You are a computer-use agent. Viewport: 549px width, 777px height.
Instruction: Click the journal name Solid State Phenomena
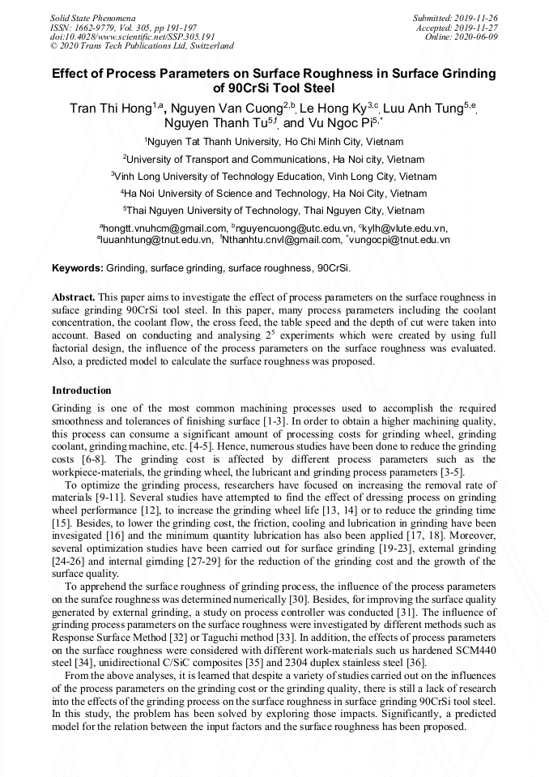pos(92,17)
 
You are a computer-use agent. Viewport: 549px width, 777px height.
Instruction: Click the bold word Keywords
pos(78,267)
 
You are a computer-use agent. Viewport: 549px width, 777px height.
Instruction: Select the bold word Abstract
pos(74,298)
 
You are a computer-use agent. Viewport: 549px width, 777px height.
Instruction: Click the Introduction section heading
pos(82,391)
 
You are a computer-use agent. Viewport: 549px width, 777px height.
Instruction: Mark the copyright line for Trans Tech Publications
pos(142,46)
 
